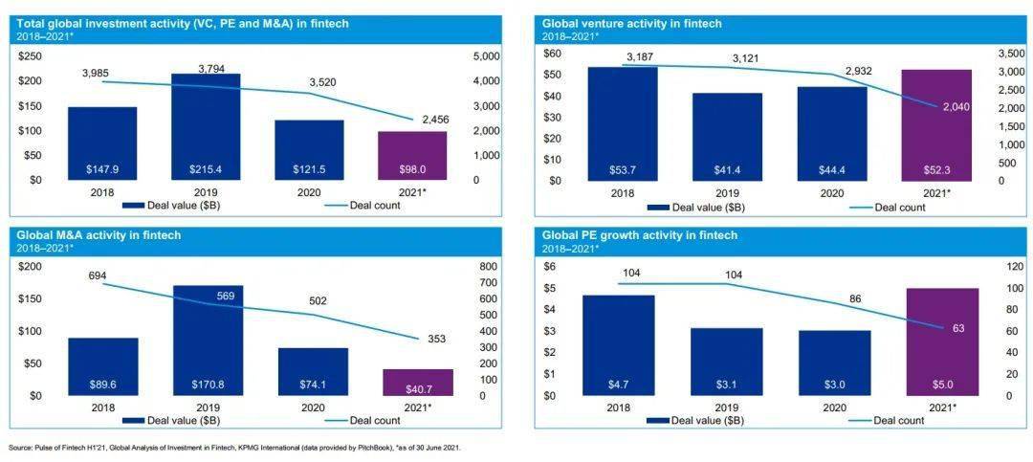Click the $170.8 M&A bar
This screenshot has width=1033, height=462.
click(207, 341)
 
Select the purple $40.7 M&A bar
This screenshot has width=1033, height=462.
click(418, 383)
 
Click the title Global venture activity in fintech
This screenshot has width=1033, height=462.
click(631, 23)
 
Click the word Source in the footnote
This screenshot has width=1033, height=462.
click(20, 448)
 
